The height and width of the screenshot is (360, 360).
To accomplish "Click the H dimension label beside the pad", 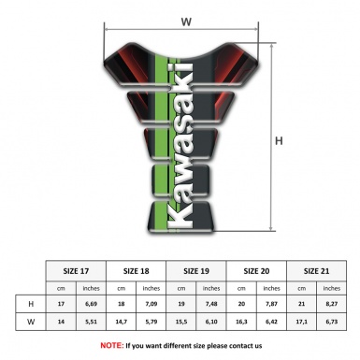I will [x=279, y=141].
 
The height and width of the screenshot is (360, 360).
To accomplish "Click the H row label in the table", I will [x=31, y=304].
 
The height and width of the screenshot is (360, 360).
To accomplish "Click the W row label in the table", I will [x=31, y=322].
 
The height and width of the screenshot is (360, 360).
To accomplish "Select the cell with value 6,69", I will [x=92, y=304].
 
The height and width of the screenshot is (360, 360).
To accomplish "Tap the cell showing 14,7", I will [x=122, y=322].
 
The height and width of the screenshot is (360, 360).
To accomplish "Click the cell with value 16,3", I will [x=243, y=322].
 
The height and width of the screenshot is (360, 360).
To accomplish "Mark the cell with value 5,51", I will [x=92, y=322].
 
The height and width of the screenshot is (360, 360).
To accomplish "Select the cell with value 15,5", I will [x=183, y=322].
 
